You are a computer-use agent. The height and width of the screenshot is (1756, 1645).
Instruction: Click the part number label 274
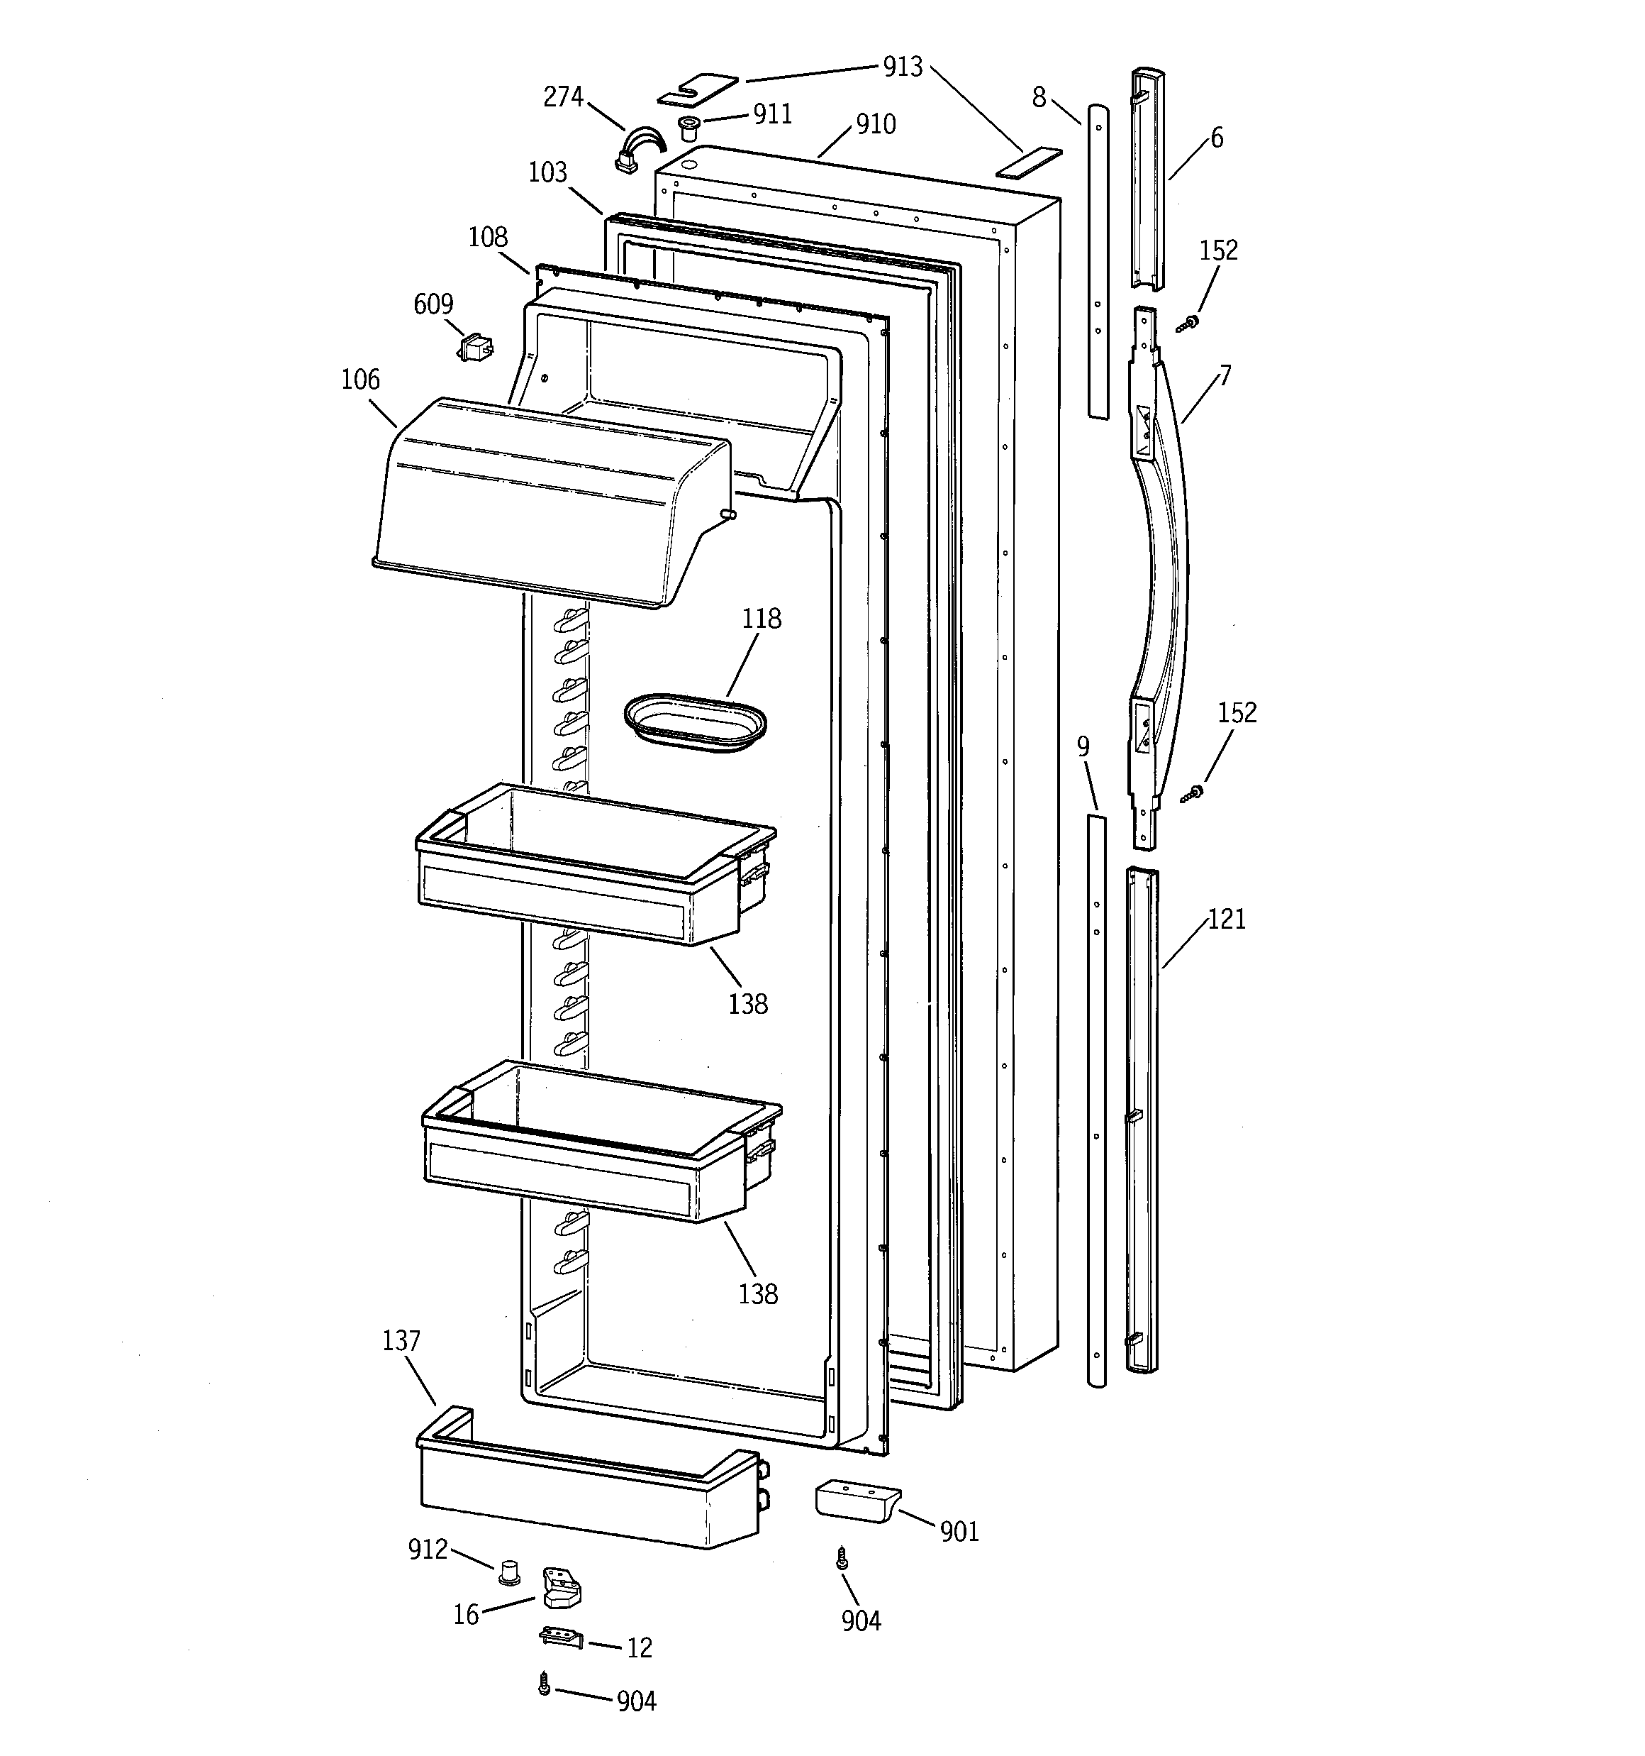coord(562,96)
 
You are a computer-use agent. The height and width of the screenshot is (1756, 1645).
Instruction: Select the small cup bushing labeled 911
coord(688,127)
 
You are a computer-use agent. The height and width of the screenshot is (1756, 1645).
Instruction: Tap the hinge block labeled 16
coord(562,1587)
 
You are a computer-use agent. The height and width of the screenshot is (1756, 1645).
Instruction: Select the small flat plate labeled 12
coord(562,1637)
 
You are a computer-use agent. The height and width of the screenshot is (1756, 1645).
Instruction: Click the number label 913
coord(903,67)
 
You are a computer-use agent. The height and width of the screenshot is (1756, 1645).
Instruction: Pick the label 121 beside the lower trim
coord(1227,919)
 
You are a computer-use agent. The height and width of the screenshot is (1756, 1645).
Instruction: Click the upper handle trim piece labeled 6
coord(1147,177)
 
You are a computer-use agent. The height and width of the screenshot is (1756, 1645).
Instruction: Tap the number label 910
coord(875,125)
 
